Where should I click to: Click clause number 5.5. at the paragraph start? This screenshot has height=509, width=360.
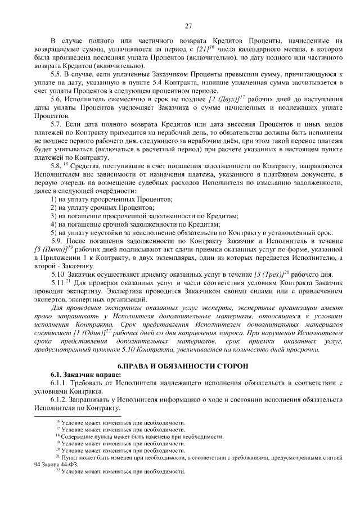click(57, 74)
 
